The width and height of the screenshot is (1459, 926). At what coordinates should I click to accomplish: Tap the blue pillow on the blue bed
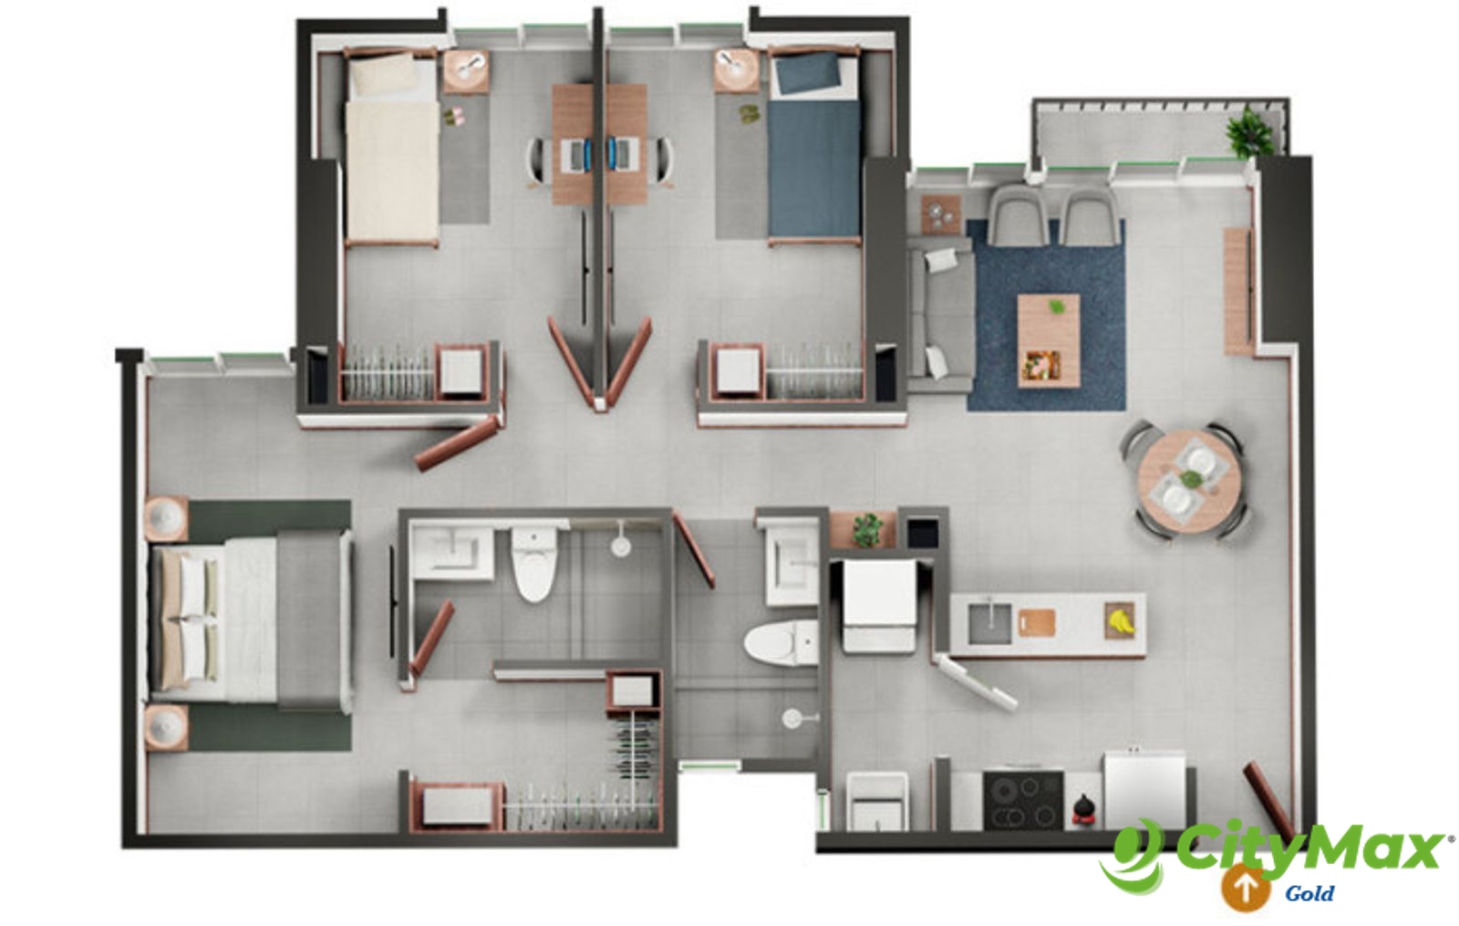tap(807, 75)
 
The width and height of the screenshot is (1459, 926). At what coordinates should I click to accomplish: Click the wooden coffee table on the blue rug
tap(1049, 340)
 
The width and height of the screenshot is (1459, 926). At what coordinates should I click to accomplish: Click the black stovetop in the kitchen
tap(1023, 800)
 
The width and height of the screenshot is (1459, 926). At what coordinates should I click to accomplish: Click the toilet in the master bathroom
tap(534, 565)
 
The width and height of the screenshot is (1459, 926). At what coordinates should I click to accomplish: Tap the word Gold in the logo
tap(1309, 892)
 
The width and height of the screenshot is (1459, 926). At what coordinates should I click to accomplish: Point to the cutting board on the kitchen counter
tap(1038, 621)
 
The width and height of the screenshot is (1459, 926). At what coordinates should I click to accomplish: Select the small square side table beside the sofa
tap(941, 213)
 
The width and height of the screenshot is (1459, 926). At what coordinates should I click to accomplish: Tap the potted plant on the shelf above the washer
tap(867, 530)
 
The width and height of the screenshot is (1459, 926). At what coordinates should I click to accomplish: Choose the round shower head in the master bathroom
tap(620, 546)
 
